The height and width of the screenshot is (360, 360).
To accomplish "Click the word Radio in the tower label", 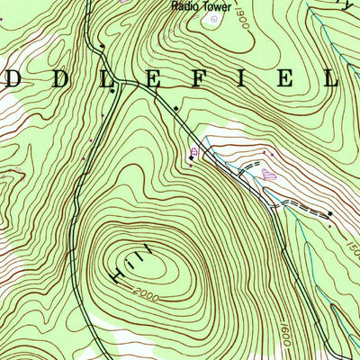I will [184, 5].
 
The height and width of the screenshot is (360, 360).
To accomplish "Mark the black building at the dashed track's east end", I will [330, 213].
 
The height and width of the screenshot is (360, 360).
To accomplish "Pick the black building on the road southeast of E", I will [175, 109].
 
